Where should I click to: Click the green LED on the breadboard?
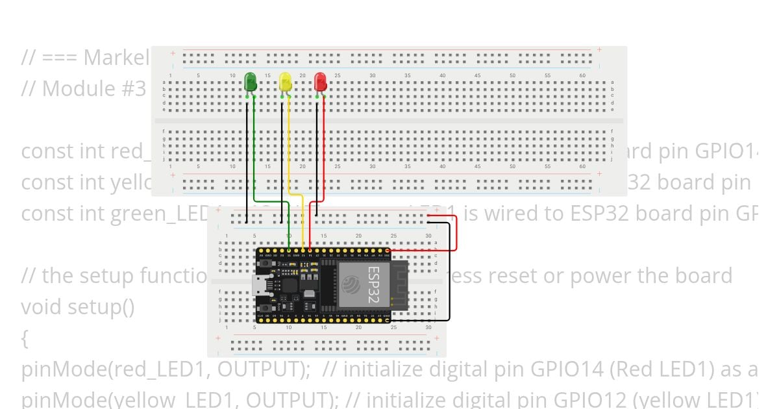tap(251, 82)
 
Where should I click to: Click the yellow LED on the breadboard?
tap(286, 82)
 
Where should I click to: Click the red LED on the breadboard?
tap(321, 82)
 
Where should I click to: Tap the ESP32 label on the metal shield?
tap(374, 284)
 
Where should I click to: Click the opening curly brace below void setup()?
tap(25, 338)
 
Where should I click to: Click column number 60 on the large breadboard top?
tap(582, 76)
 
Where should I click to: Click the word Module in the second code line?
tap(82, 88)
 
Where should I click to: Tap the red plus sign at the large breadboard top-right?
tap(599, 50)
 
